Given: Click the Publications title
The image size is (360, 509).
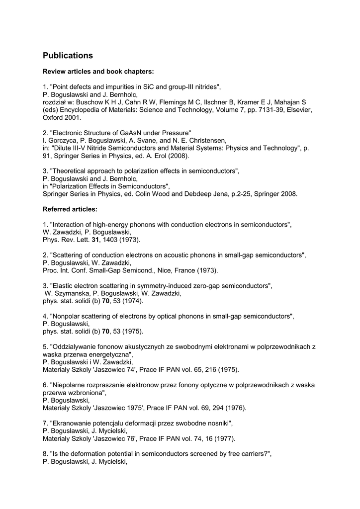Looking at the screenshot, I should pos(68,56).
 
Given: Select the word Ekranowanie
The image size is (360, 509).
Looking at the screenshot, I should pos(73,424).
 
